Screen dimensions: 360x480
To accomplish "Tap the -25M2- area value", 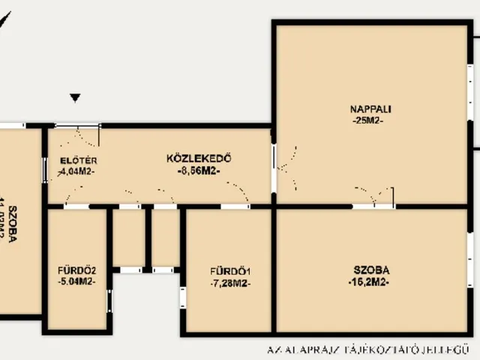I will point(367,121).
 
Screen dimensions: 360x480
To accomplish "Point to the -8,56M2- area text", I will point(198,170).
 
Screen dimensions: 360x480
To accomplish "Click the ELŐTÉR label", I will point(78,160).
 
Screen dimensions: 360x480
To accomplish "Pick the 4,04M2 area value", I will point(77,171).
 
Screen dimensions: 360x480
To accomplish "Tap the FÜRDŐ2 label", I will point(76,270).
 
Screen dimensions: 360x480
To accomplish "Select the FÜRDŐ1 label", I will point(230,271).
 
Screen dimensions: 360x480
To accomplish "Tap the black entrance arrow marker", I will point(75,97).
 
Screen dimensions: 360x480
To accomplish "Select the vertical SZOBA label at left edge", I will point(10,221).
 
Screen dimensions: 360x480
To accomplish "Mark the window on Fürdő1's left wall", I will point(182,297).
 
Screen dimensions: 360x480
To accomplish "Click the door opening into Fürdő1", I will point(235,205).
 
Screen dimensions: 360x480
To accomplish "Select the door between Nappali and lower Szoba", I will point(373,205).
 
